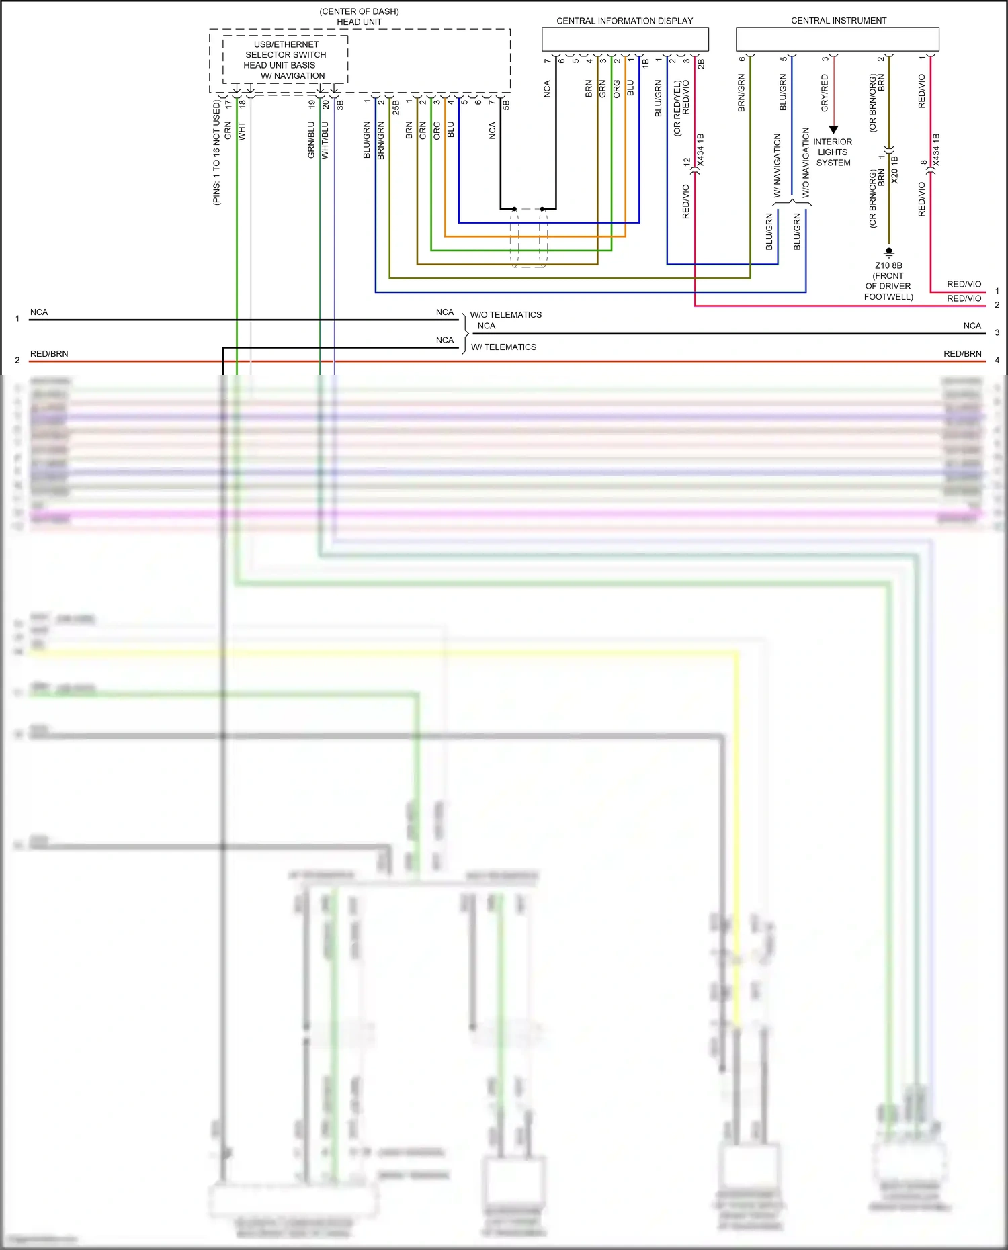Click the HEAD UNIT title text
(359, 22)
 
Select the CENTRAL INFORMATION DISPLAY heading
(624, 21)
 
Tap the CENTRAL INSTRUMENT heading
(838, 21)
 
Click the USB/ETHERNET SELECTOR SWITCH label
(286, 50)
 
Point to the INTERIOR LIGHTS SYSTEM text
(833, 152)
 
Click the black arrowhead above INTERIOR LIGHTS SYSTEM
(833, 130)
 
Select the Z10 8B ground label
(888, 265)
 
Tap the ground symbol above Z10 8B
(889, 253)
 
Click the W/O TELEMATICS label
(505, 315)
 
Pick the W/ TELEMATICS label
(503, 347)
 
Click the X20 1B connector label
(894, 170)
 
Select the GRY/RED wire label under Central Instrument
(825, 93)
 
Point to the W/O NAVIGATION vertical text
(805, 163)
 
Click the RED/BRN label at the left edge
(49, 354)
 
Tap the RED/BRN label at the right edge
(962, 354)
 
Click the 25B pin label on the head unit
(396, 107)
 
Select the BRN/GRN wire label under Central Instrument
(741, 93)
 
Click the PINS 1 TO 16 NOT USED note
(216, 153)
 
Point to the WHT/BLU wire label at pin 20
(325, 140)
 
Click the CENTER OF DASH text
(359, 12)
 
